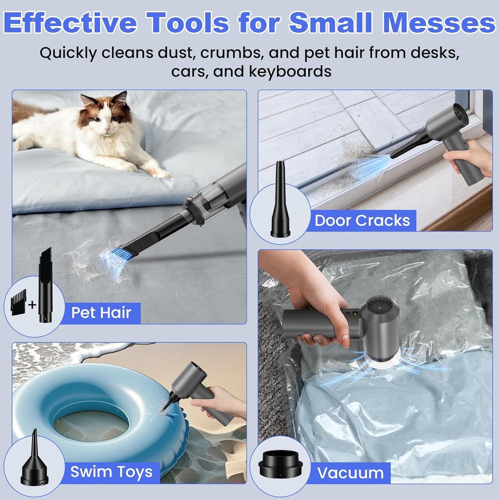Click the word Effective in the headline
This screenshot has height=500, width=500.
pyautogui.click(x=71, y=23)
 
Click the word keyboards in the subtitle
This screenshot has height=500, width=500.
pyautogui.click(x=290, y=72)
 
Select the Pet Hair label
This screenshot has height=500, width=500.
pyautogui.click(x=101, y=313)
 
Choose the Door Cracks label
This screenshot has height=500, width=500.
pyautogui.click(x=362, y=220)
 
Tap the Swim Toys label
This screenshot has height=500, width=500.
pyautogui.click(x=111, y=472)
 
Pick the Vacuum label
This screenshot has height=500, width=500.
pyautogui.click(x=351, y=473)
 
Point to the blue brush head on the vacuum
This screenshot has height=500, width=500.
pyautogui.click(x=112, y=260)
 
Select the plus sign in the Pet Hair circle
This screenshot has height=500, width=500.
pyautogui.click(x=32, y=305)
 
